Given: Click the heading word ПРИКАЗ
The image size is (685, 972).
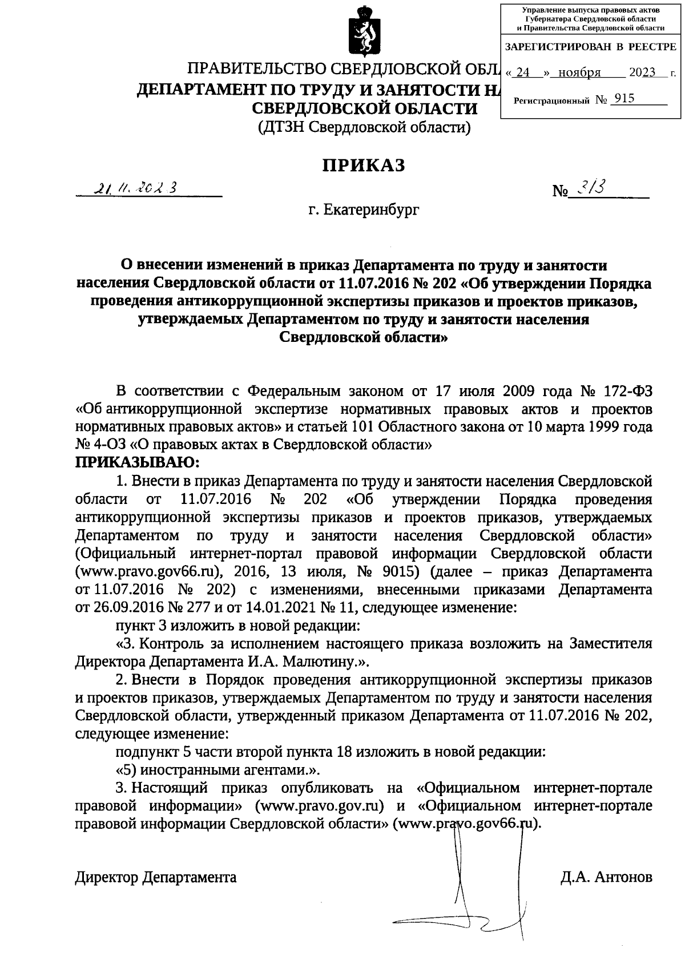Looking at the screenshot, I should tap(364, 165).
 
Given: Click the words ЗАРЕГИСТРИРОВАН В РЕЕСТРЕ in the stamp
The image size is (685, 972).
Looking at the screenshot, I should tap(591, 47).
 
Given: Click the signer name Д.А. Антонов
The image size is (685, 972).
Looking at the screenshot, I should tap(606, 877).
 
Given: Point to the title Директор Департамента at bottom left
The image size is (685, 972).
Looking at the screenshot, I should tap(156, 877).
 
